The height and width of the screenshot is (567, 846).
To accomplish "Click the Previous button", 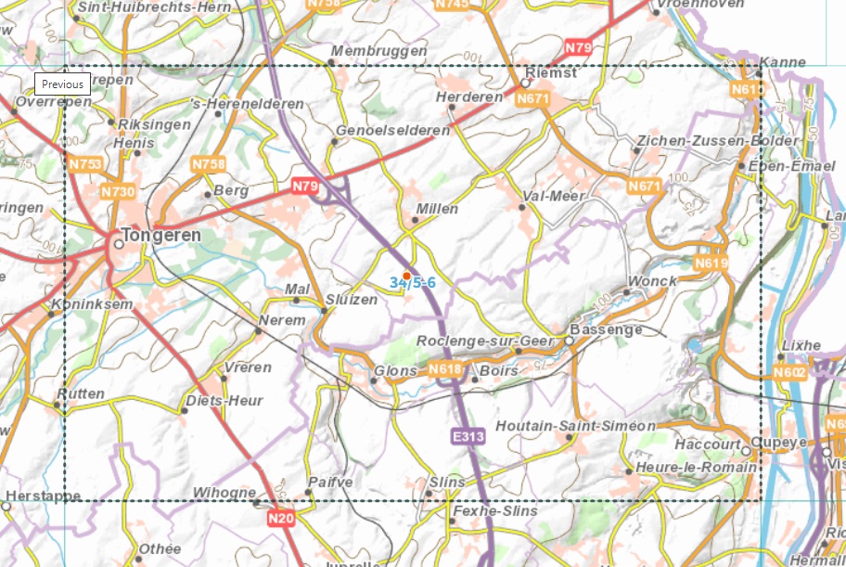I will [62, 84].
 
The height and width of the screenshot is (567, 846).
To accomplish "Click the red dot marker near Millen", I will [406, 276].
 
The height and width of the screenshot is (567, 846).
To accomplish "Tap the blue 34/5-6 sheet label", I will [413, 282].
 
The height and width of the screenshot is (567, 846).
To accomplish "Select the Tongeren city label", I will [161, 236].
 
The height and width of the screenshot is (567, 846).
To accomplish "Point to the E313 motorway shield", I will [469, 435].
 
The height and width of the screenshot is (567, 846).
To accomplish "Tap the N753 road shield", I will [85, 164].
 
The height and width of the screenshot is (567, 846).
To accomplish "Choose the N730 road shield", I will [118, 191].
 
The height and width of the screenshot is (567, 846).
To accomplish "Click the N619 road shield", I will [711, 264].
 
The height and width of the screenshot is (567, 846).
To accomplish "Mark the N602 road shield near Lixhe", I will [788, 372].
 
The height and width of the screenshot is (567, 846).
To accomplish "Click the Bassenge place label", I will [606, 329].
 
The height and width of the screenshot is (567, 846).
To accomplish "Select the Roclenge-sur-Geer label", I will [485, 341].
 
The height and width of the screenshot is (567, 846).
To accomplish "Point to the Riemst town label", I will [551, 71].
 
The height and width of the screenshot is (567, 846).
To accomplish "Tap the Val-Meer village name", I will [554, 196].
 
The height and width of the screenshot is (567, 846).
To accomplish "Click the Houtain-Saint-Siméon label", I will [576, 426].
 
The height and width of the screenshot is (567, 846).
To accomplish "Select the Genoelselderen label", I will [392, 131].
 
